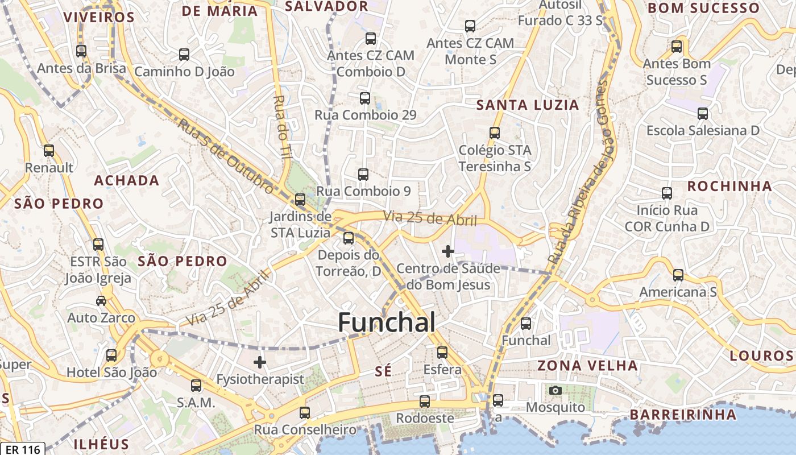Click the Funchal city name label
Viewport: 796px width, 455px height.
(x=387, y=322)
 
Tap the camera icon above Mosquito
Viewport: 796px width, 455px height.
(x=555, y=390)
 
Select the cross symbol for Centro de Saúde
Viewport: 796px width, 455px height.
(x=448, y=250)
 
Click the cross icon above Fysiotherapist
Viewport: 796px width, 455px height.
(x=260, y=362)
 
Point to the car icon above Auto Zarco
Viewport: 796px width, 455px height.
(x=101, y=300)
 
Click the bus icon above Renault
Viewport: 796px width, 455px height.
(x=49, y=151)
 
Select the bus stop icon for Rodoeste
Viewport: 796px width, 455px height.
(x=425, y=401)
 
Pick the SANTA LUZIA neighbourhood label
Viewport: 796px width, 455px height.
(x=527, y=105)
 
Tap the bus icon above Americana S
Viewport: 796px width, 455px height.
(x=678, y=275)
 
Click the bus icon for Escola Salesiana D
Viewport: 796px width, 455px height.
(x=703, y=114)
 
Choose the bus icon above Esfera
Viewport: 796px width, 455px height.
(x=442, y=353)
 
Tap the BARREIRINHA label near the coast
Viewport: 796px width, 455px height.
(x=682, y=414)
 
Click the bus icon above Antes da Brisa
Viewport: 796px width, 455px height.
(x=81, y=51)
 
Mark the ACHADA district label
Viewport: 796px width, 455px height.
(x=126, y=180)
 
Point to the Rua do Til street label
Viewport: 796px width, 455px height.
(x=282, y=126)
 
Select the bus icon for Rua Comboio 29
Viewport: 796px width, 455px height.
(x=365, y=98)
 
